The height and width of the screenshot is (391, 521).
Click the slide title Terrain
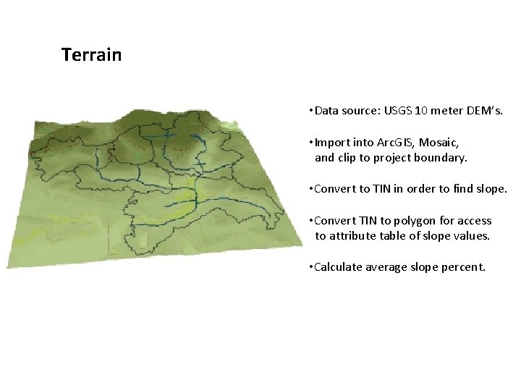click(x=91, y=55)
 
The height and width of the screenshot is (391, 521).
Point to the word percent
click(x=462, y=267)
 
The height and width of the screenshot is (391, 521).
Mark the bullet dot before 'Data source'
click(x=310, y=112)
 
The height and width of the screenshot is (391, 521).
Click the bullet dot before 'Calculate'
click(x=310, y=267)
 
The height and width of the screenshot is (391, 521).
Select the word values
click(x=472, y=236)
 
